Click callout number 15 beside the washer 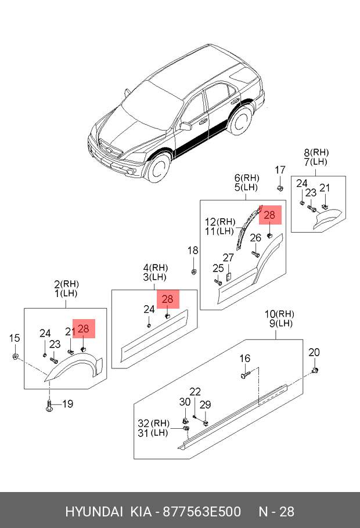[15, 338]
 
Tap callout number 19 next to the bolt [68, 404]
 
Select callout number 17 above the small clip [280, 170]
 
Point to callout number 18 [192, 251]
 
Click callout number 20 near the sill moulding [314, 353]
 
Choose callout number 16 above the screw [245, 359]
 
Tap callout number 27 [229, 257]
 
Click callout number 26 [255, 237]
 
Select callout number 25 [218, 267]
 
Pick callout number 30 [185, 402]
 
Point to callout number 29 [206, 404]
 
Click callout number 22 [195, 392]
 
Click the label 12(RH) [219, 221]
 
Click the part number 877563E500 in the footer [201, 512]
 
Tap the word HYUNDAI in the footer [93, 512]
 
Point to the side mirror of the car [187, 125]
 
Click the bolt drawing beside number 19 [49, 405]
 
